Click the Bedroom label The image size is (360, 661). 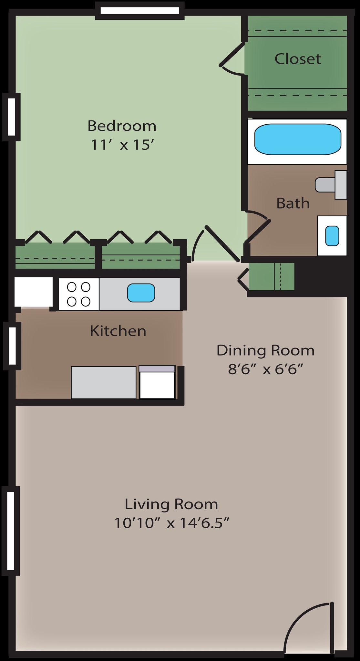point(122,126)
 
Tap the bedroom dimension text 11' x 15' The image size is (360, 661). point(121,145)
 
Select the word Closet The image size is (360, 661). point(297,59)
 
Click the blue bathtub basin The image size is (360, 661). point(297,140)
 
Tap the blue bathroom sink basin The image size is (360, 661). point(332,236)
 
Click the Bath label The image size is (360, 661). point(293,203)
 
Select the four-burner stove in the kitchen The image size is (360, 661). point(78,294)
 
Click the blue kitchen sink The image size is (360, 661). point(141,293)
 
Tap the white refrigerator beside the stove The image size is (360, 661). point(33,292)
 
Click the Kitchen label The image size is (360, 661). point(118,331)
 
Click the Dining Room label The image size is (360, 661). point(265,350)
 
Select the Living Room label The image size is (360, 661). point(171,504)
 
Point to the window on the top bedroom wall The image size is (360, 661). point(139,11)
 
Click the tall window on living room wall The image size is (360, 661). point(11,531)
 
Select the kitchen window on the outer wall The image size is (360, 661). point(12,346)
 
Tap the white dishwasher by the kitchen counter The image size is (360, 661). point(157,383)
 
